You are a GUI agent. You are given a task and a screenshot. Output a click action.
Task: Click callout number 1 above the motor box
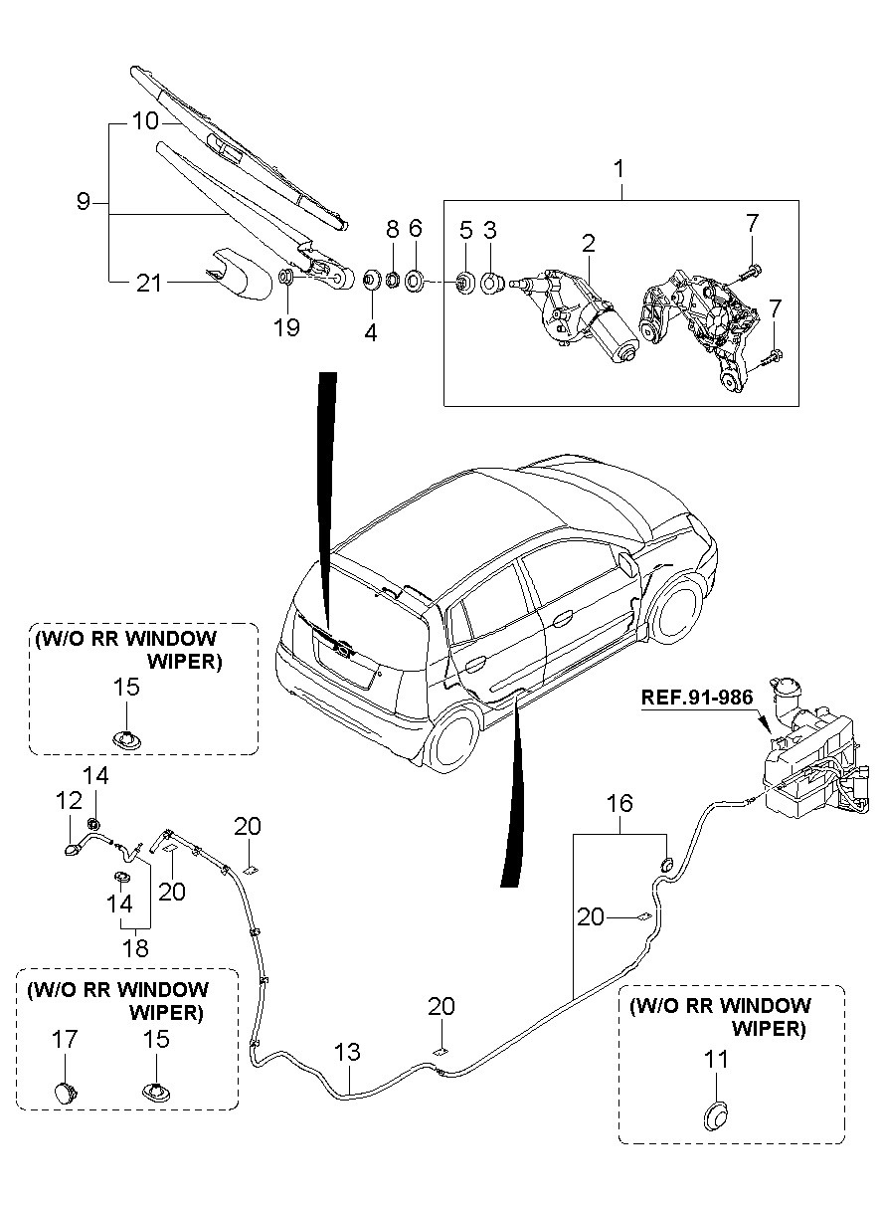click(x=618, y=169)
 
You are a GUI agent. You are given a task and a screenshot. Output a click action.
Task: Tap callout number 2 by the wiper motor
click(x=588, y=242)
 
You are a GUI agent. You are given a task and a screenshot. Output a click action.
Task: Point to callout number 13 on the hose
click(x=347, y=1052)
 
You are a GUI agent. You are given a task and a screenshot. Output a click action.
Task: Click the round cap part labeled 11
click(x=716, y=1114)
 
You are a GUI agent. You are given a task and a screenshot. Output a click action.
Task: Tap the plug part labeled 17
click(x=66, y=1091)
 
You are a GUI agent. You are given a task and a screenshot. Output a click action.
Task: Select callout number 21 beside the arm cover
click(x=148, y=283)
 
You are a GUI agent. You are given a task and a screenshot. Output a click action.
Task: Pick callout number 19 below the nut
click(x=286, y=326)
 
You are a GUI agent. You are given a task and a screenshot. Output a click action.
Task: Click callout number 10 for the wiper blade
click(x=145, y=121)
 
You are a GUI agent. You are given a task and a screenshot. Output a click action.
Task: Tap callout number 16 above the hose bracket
click(x=619, y=803)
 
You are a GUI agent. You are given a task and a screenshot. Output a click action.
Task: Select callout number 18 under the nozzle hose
click(x=135, y=947)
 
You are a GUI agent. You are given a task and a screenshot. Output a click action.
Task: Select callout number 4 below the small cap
click(x=371, y=332)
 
